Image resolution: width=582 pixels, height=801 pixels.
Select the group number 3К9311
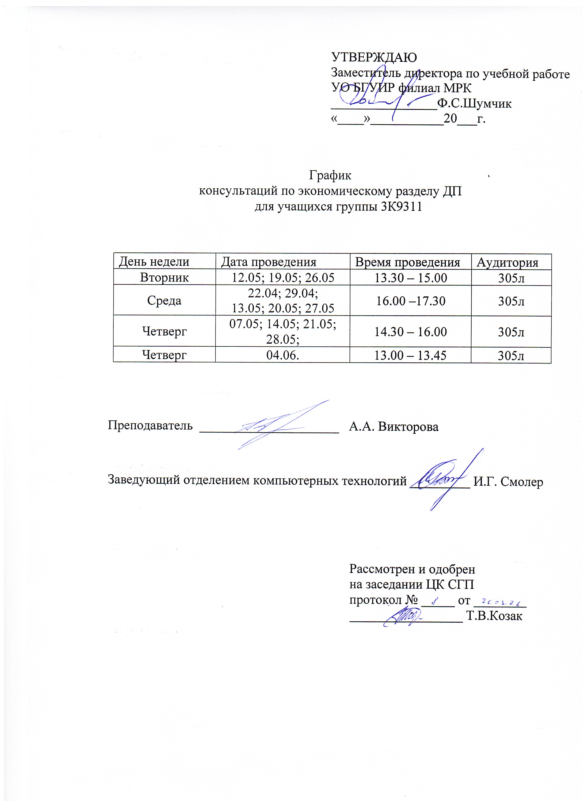click(x=402, y=207)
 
